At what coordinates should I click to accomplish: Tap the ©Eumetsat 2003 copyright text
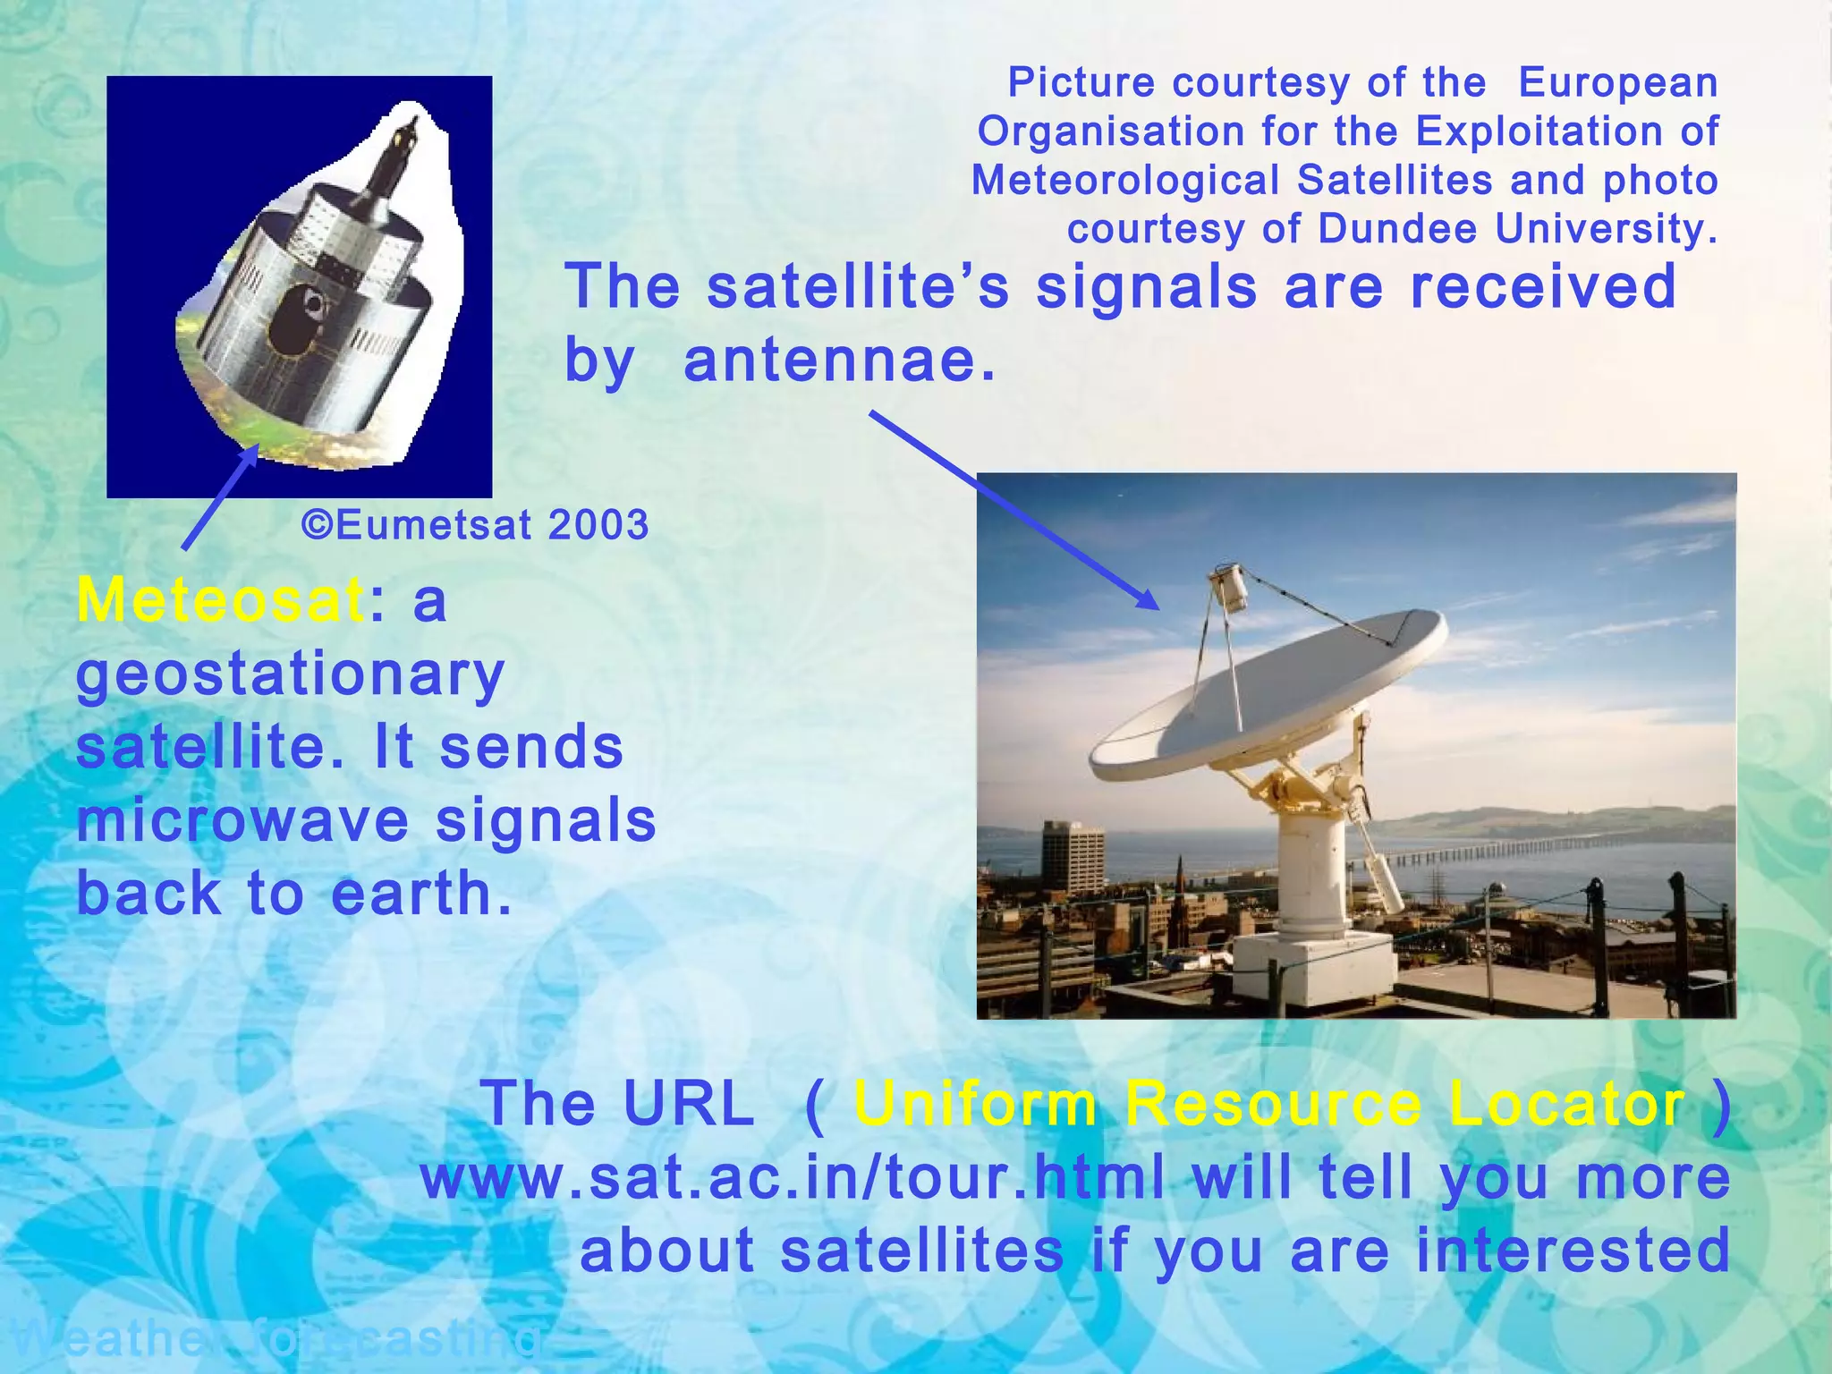point(474,525)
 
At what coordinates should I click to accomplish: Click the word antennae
point(838,360)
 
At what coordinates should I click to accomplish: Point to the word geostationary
point(291,675)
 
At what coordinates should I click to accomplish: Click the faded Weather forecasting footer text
point(277,1339)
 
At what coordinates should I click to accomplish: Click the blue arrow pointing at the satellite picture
point(220,497)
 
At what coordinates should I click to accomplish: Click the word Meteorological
point(1125,180)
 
